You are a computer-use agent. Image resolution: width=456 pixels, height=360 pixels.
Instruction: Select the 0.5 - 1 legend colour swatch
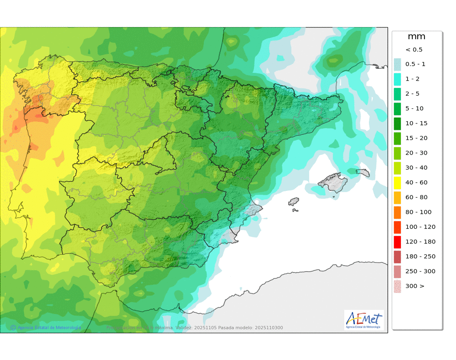pos(397,64)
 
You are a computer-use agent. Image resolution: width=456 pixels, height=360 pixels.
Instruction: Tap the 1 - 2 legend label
pos(412,79)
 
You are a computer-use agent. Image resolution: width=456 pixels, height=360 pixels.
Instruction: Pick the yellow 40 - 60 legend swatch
pos(397,182)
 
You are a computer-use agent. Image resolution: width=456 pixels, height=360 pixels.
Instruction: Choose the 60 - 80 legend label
pos(415,197)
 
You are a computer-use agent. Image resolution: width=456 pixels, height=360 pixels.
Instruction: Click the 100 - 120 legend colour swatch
pos(397,227)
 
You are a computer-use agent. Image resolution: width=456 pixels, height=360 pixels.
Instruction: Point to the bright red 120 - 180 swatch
pos(397,242)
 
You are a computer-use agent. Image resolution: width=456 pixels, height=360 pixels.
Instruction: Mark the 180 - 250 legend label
pos(420,257)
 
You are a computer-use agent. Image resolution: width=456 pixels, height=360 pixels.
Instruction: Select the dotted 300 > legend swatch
pos(397,286)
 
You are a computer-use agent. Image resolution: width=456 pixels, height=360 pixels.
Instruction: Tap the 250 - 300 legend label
pos(420,271)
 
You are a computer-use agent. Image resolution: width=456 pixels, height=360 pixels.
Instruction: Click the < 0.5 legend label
pos(414,50)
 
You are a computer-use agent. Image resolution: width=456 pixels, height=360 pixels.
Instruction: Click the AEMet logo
pos(364,319)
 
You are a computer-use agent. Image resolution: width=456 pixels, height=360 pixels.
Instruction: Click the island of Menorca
pos(363,172)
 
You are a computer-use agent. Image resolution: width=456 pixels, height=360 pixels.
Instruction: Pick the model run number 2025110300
pos(269,328)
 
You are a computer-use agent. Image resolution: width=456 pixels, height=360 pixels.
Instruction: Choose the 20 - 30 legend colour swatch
pos(397,153)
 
